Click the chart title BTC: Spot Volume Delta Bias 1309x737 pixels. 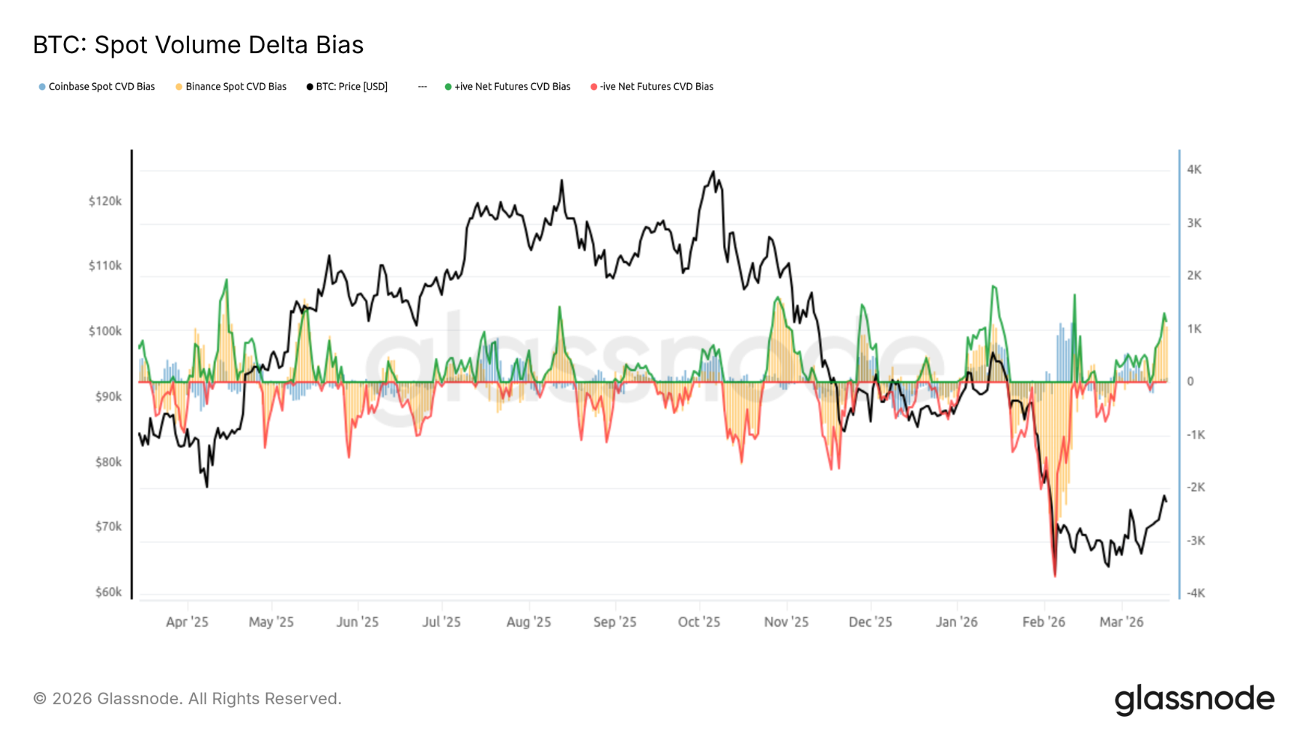point(198,45)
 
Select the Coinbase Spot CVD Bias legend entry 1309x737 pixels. point(97,87)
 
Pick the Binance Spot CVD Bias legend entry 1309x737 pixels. point(231,87)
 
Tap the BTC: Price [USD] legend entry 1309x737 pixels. point(348,87)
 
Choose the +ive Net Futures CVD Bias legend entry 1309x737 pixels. point(508,87)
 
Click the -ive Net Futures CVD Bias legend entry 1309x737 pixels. point(652,87)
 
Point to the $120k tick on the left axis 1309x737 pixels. point(105,201)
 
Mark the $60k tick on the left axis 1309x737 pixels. point(108,592)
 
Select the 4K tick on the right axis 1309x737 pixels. point(1194,170)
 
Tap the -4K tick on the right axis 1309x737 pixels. point(1196,593)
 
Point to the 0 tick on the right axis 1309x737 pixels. point(1190,381)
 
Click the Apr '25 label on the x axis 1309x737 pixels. point(187,622)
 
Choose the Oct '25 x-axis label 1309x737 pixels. point(699,622)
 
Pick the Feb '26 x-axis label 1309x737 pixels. point(1044,622)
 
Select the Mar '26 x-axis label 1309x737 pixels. point(1121,622)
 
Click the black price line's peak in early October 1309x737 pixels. point(713,172)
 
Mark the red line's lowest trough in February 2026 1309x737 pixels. point(1054,576)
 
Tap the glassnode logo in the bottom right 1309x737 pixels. point(1194,699)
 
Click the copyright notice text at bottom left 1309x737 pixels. point(187,698)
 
